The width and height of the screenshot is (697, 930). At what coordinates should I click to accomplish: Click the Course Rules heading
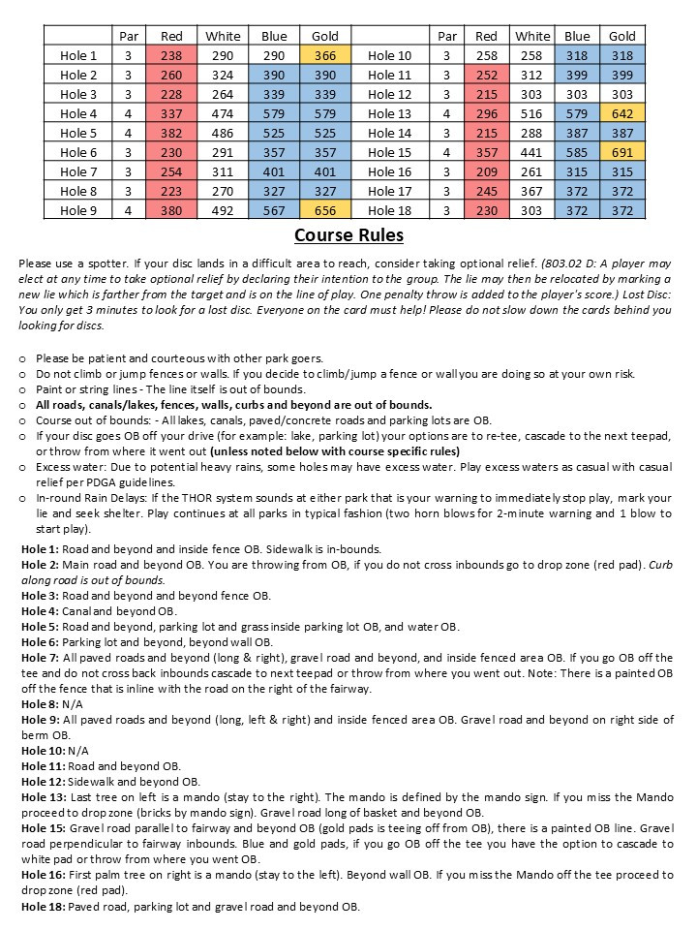pos(348,235)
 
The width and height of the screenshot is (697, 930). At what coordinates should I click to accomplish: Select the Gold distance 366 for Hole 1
pos(325,56)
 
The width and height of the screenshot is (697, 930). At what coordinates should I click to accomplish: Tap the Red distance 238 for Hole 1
pos(171,56)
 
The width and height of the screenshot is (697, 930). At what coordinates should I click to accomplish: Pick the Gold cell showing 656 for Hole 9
pos(325,211)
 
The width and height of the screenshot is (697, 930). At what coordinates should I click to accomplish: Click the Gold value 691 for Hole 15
pos(622,153)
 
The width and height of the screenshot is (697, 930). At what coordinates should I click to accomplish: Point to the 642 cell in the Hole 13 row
pos(622,114)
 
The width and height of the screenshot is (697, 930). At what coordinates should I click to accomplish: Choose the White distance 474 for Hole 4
pos(223,114)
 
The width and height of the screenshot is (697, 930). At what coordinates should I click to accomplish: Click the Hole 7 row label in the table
pos(78,172)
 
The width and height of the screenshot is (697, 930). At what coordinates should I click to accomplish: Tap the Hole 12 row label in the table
pos(390,95)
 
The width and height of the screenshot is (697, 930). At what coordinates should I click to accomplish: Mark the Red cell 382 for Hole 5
pos(171,134)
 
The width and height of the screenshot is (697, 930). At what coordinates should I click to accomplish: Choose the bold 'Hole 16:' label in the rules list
pos(42,875)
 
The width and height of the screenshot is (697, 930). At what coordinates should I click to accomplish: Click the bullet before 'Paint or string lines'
pos(23,389)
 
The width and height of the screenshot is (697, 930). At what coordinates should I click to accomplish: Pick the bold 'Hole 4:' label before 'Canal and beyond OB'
pos(39,611)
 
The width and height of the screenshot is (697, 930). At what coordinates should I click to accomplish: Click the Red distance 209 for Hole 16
pos(487,172)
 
